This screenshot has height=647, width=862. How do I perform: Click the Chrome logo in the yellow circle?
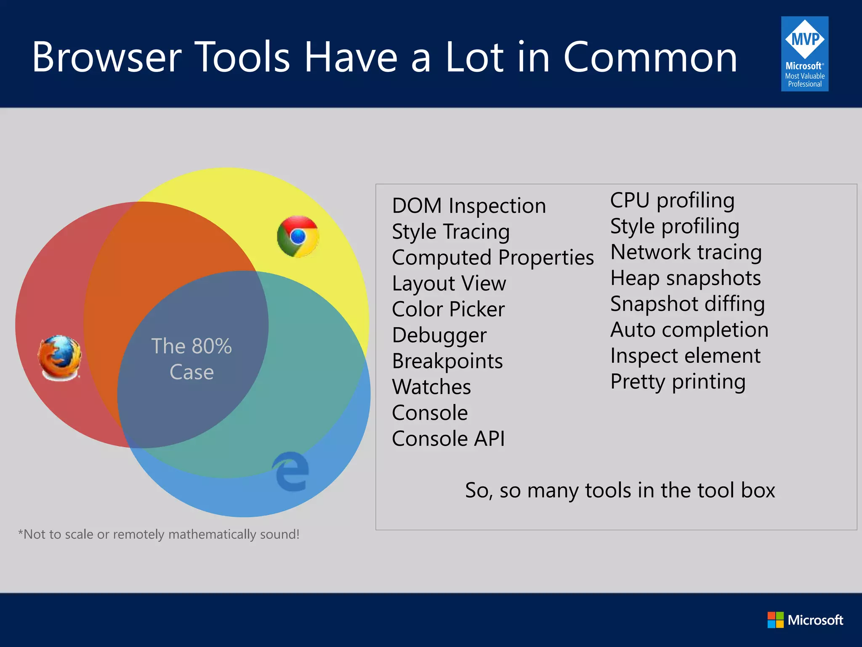tap(298, 237)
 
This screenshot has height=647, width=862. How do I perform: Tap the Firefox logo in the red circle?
tap(60, 358)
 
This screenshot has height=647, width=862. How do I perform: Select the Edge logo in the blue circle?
tap(291, 472)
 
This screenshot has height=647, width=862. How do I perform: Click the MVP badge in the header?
tap(804, 54)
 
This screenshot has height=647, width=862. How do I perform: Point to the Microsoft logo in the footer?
tap(805, 620)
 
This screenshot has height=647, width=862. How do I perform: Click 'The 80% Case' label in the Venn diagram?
tap(192, 359)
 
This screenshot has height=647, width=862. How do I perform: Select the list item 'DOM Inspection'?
tap(469, 206)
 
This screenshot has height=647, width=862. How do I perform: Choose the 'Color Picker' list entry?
tap(448, 309)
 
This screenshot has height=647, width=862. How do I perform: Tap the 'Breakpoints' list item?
tap(447, 361)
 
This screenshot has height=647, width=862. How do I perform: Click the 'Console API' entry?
tap(448, 438)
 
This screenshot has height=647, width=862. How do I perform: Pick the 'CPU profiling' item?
tap(672, 201)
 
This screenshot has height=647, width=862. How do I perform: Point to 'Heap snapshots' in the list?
tap(686, 278)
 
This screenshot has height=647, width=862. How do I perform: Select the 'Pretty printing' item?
tap(678, 382)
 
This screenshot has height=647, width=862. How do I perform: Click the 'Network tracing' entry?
tap(686, 252)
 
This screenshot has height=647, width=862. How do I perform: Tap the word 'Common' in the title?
tap(650, 57)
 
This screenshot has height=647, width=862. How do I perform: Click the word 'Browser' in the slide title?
tap(106, 57)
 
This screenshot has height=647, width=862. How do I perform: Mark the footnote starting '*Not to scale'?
tap(159, 534)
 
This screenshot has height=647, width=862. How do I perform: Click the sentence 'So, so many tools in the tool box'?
tap(620, 490)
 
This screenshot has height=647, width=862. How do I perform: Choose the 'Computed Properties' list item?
tap(493, 258)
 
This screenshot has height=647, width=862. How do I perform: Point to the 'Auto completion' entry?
tap(689, 330)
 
